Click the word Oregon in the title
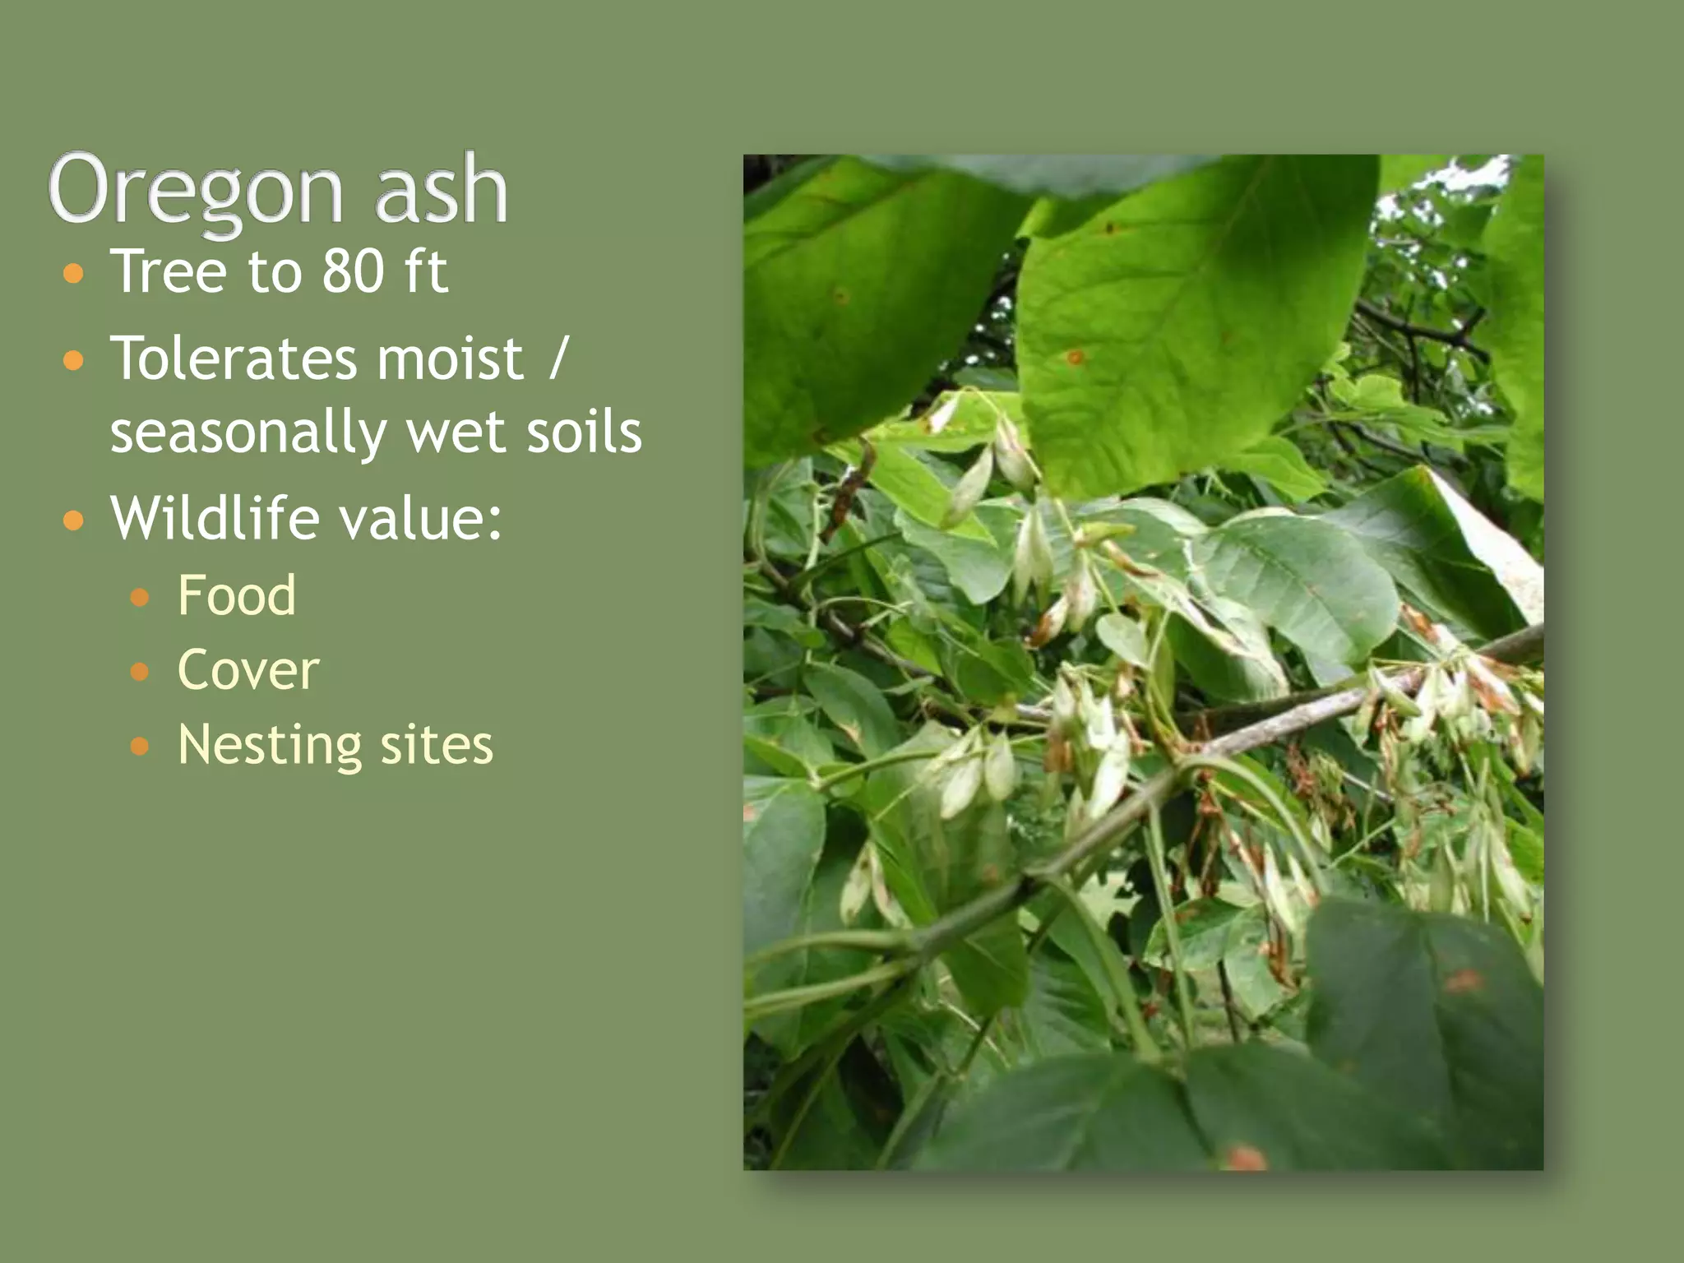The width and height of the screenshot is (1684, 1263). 196,191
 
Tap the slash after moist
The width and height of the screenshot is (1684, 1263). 558,359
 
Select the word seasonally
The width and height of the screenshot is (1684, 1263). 248,433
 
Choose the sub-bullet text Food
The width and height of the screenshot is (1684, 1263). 237,595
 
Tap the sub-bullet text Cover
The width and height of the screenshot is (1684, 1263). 248,670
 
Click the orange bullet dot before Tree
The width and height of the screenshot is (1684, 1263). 74,273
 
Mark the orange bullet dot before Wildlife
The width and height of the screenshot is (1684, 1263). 74,520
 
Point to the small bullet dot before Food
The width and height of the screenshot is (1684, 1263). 140,597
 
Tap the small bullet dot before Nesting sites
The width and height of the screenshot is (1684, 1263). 140,747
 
